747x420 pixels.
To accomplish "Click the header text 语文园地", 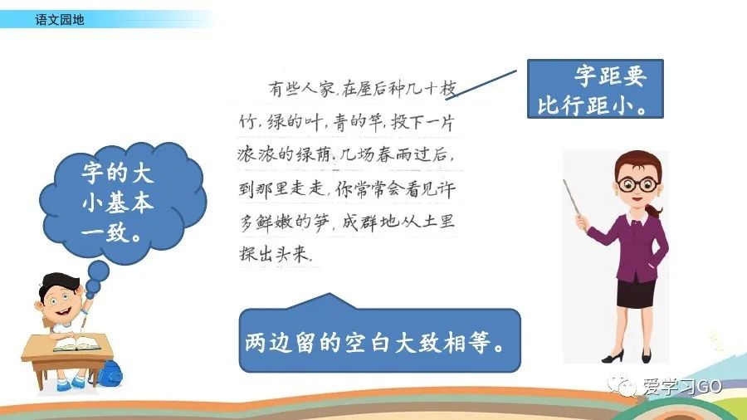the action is tap(60, 20).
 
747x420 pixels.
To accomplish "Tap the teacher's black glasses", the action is tap(638, 183).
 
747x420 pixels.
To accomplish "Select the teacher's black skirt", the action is tap(637, 292).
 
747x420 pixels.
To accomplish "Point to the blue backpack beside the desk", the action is tap(110, 374).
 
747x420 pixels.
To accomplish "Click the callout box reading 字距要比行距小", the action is tap(595, 89).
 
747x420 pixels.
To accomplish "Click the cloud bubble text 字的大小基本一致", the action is tap(117, 202).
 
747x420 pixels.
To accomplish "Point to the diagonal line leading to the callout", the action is tap(481, 85).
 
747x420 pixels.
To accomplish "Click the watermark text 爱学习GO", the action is tap(682, 386).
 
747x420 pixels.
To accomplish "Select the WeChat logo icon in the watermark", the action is tap(622, 385).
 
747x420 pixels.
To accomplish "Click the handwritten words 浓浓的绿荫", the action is tap(284, 154).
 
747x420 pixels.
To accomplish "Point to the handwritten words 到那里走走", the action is tap(281, 188).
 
